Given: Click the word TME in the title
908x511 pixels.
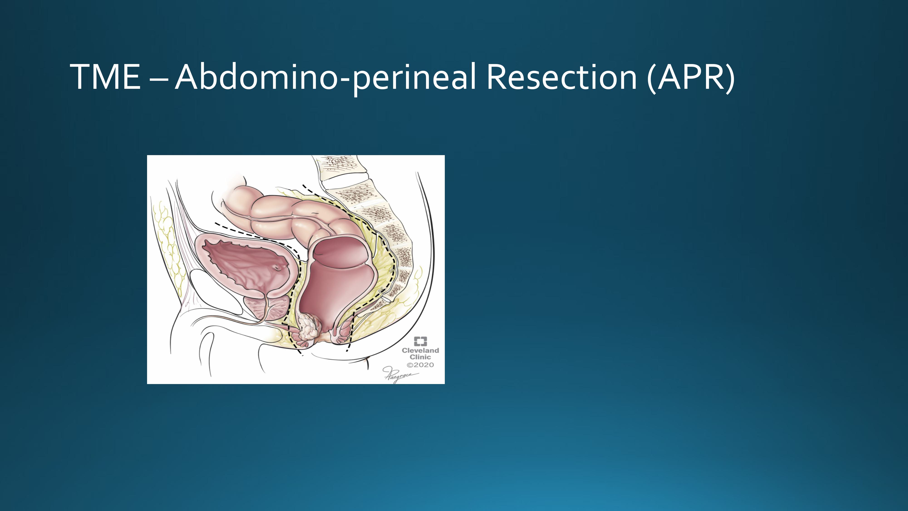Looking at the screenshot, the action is pyautogui.click(x=105, y=77).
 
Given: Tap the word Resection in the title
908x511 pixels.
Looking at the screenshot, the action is pyautogui.click(x=562, y=77).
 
